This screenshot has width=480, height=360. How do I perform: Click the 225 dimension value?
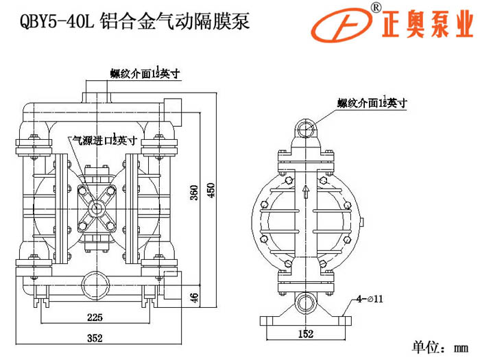[x=95, y=317]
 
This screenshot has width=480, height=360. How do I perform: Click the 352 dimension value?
[x=95, y=337]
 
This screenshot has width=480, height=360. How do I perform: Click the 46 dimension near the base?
[x=194, y=298]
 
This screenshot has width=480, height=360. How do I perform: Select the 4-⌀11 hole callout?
[x=369, y=299]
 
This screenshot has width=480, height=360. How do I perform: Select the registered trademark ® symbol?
[x=376, y=8]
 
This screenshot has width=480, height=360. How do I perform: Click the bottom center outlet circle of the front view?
[x=95, y=283]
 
